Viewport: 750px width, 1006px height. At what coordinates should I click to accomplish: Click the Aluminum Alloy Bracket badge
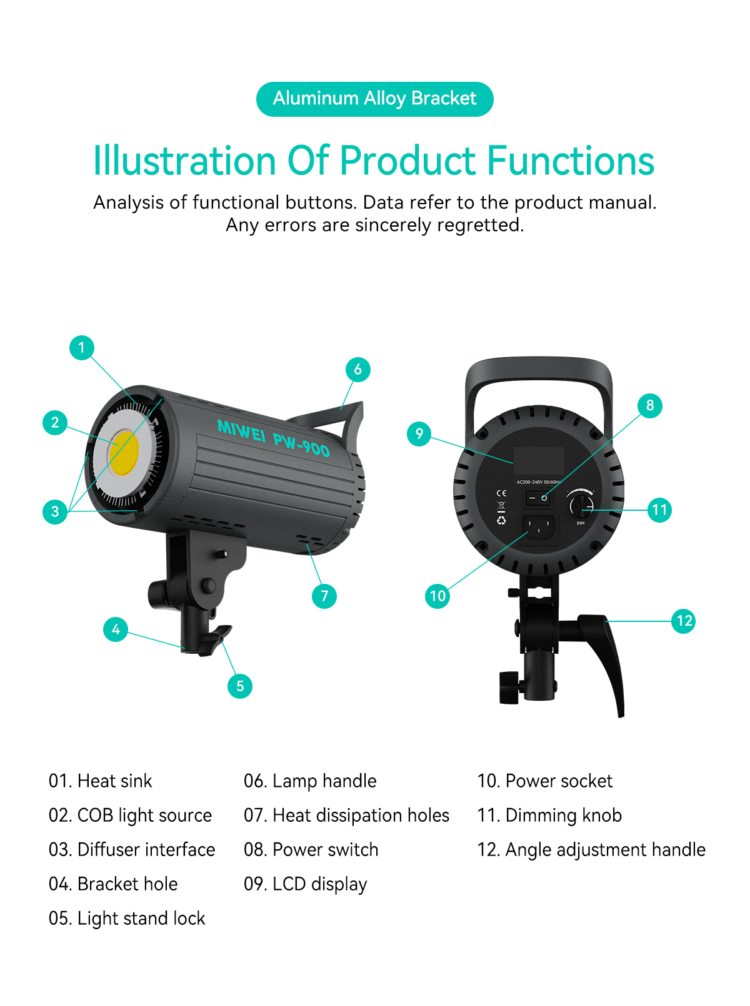374,99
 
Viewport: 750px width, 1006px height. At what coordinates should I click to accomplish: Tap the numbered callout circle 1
82,347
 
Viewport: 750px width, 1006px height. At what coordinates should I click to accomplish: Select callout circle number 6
357,369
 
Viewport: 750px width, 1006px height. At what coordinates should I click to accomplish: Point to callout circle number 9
419,433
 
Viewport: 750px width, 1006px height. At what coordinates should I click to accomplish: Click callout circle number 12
684,620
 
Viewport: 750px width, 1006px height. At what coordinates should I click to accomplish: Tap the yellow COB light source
124,453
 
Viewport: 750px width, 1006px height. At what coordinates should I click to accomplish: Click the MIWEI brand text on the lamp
241,430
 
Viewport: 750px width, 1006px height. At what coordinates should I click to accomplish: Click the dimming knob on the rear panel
582,505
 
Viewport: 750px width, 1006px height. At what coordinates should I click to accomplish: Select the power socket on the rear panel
539,527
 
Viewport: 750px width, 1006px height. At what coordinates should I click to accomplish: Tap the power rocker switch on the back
539,498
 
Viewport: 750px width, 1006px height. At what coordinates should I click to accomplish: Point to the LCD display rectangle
539,460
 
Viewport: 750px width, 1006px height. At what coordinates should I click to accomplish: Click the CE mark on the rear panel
501,493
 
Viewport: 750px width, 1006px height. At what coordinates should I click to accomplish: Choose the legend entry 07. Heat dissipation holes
346,815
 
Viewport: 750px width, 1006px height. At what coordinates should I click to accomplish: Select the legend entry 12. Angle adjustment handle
591,849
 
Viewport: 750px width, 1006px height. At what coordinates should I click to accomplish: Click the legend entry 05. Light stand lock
127,919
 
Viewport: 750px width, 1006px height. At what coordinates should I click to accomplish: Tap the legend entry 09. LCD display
306,884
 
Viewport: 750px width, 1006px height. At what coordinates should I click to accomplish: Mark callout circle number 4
116,629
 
